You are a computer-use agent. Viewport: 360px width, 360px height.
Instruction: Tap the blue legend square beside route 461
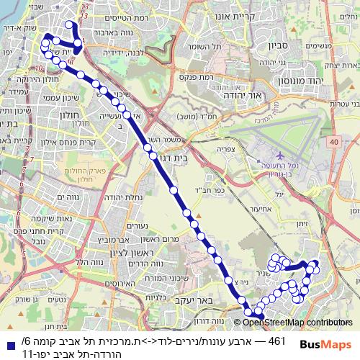[12, 341]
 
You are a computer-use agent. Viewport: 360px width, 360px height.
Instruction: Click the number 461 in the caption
[278, 340]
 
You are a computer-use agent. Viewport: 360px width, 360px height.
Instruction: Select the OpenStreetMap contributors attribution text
[294, 323]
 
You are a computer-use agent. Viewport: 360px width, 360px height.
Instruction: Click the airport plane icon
[279, 154]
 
